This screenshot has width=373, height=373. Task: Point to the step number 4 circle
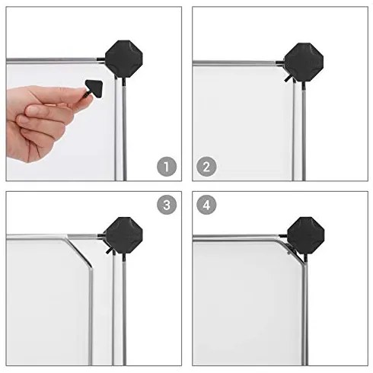click(207, 206)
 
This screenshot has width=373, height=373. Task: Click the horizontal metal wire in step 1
click(53, 59)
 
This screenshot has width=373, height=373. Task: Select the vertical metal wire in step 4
click(305, 304)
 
